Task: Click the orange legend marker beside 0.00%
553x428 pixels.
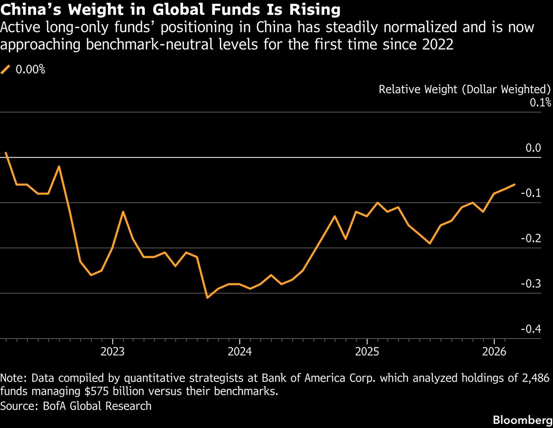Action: pyautogui.click(x=6, y=70)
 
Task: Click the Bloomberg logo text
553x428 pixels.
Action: pyautogui.click(x=523, y=420)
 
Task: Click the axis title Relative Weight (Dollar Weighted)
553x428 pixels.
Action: pyautogui.click(x=465, y=89)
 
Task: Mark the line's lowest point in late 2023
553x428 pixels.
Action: pyautogui.click(x=207, y=298)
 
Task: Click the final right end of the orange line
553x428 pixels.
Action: pyautogui.click(x=515, y=184)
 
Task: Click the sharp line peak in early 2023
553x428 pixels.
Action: pyautogui.click(x=124, y=211)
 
